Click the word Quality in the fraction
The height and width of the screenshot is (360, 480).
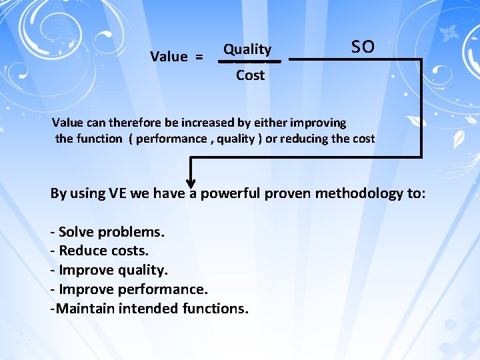tap(247, 49)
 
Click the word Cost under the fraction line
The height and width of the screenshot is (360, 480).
tap(250, 75)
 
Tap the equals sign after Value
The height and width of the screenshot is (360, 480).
tap(199, 57)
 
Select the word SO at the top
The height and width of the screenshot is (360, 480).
tap(363, 47)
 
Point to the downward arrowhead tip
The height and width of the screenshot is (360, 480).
tap(191, 187)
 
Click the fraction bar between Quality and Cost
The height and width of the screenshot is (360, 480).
tap(250, 61)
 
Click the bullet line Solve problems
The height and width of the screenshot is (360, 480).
tap(107, 232)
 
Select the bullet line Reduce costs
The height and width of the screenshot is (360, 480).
tap(99, 251)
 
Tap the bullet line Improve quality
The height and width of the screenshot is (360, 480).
tap(109, 270)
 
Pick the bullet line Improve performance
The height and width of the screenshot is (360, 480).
tap(129, 289)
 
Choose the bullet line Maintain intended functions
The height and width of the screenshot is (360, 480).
tap(149, 309)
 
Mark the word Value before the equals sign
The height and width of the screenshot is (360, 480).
tap(169, 57)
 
